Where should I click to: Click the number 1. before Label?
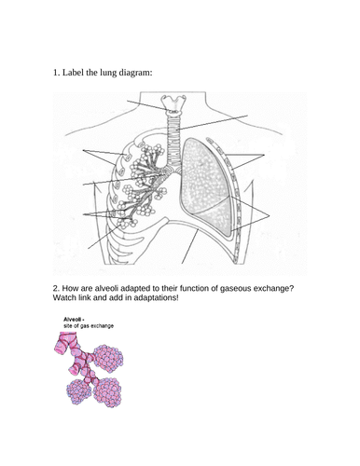click(x=56, y=73)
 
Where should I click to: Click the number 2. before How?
click(x=56, y=289)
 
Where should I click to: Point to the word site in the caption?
click(x=67, y=326)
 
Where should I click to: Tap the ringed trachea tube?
click(x=173, y=140)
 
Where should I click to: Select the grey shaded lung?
click(x=207, y=187)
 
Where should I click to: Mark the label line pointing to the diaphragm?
click(x=190, y=246)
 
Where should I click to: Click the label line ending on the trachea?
click(x=213, y=122)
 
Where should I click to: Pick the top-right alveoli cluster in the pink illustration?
click(x=108, y=359)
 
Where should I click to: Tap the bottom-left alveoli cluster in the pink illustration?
click(x=79, y=391)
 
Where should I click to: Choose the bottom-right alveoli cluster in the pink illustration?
click(x=107, y=392)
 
